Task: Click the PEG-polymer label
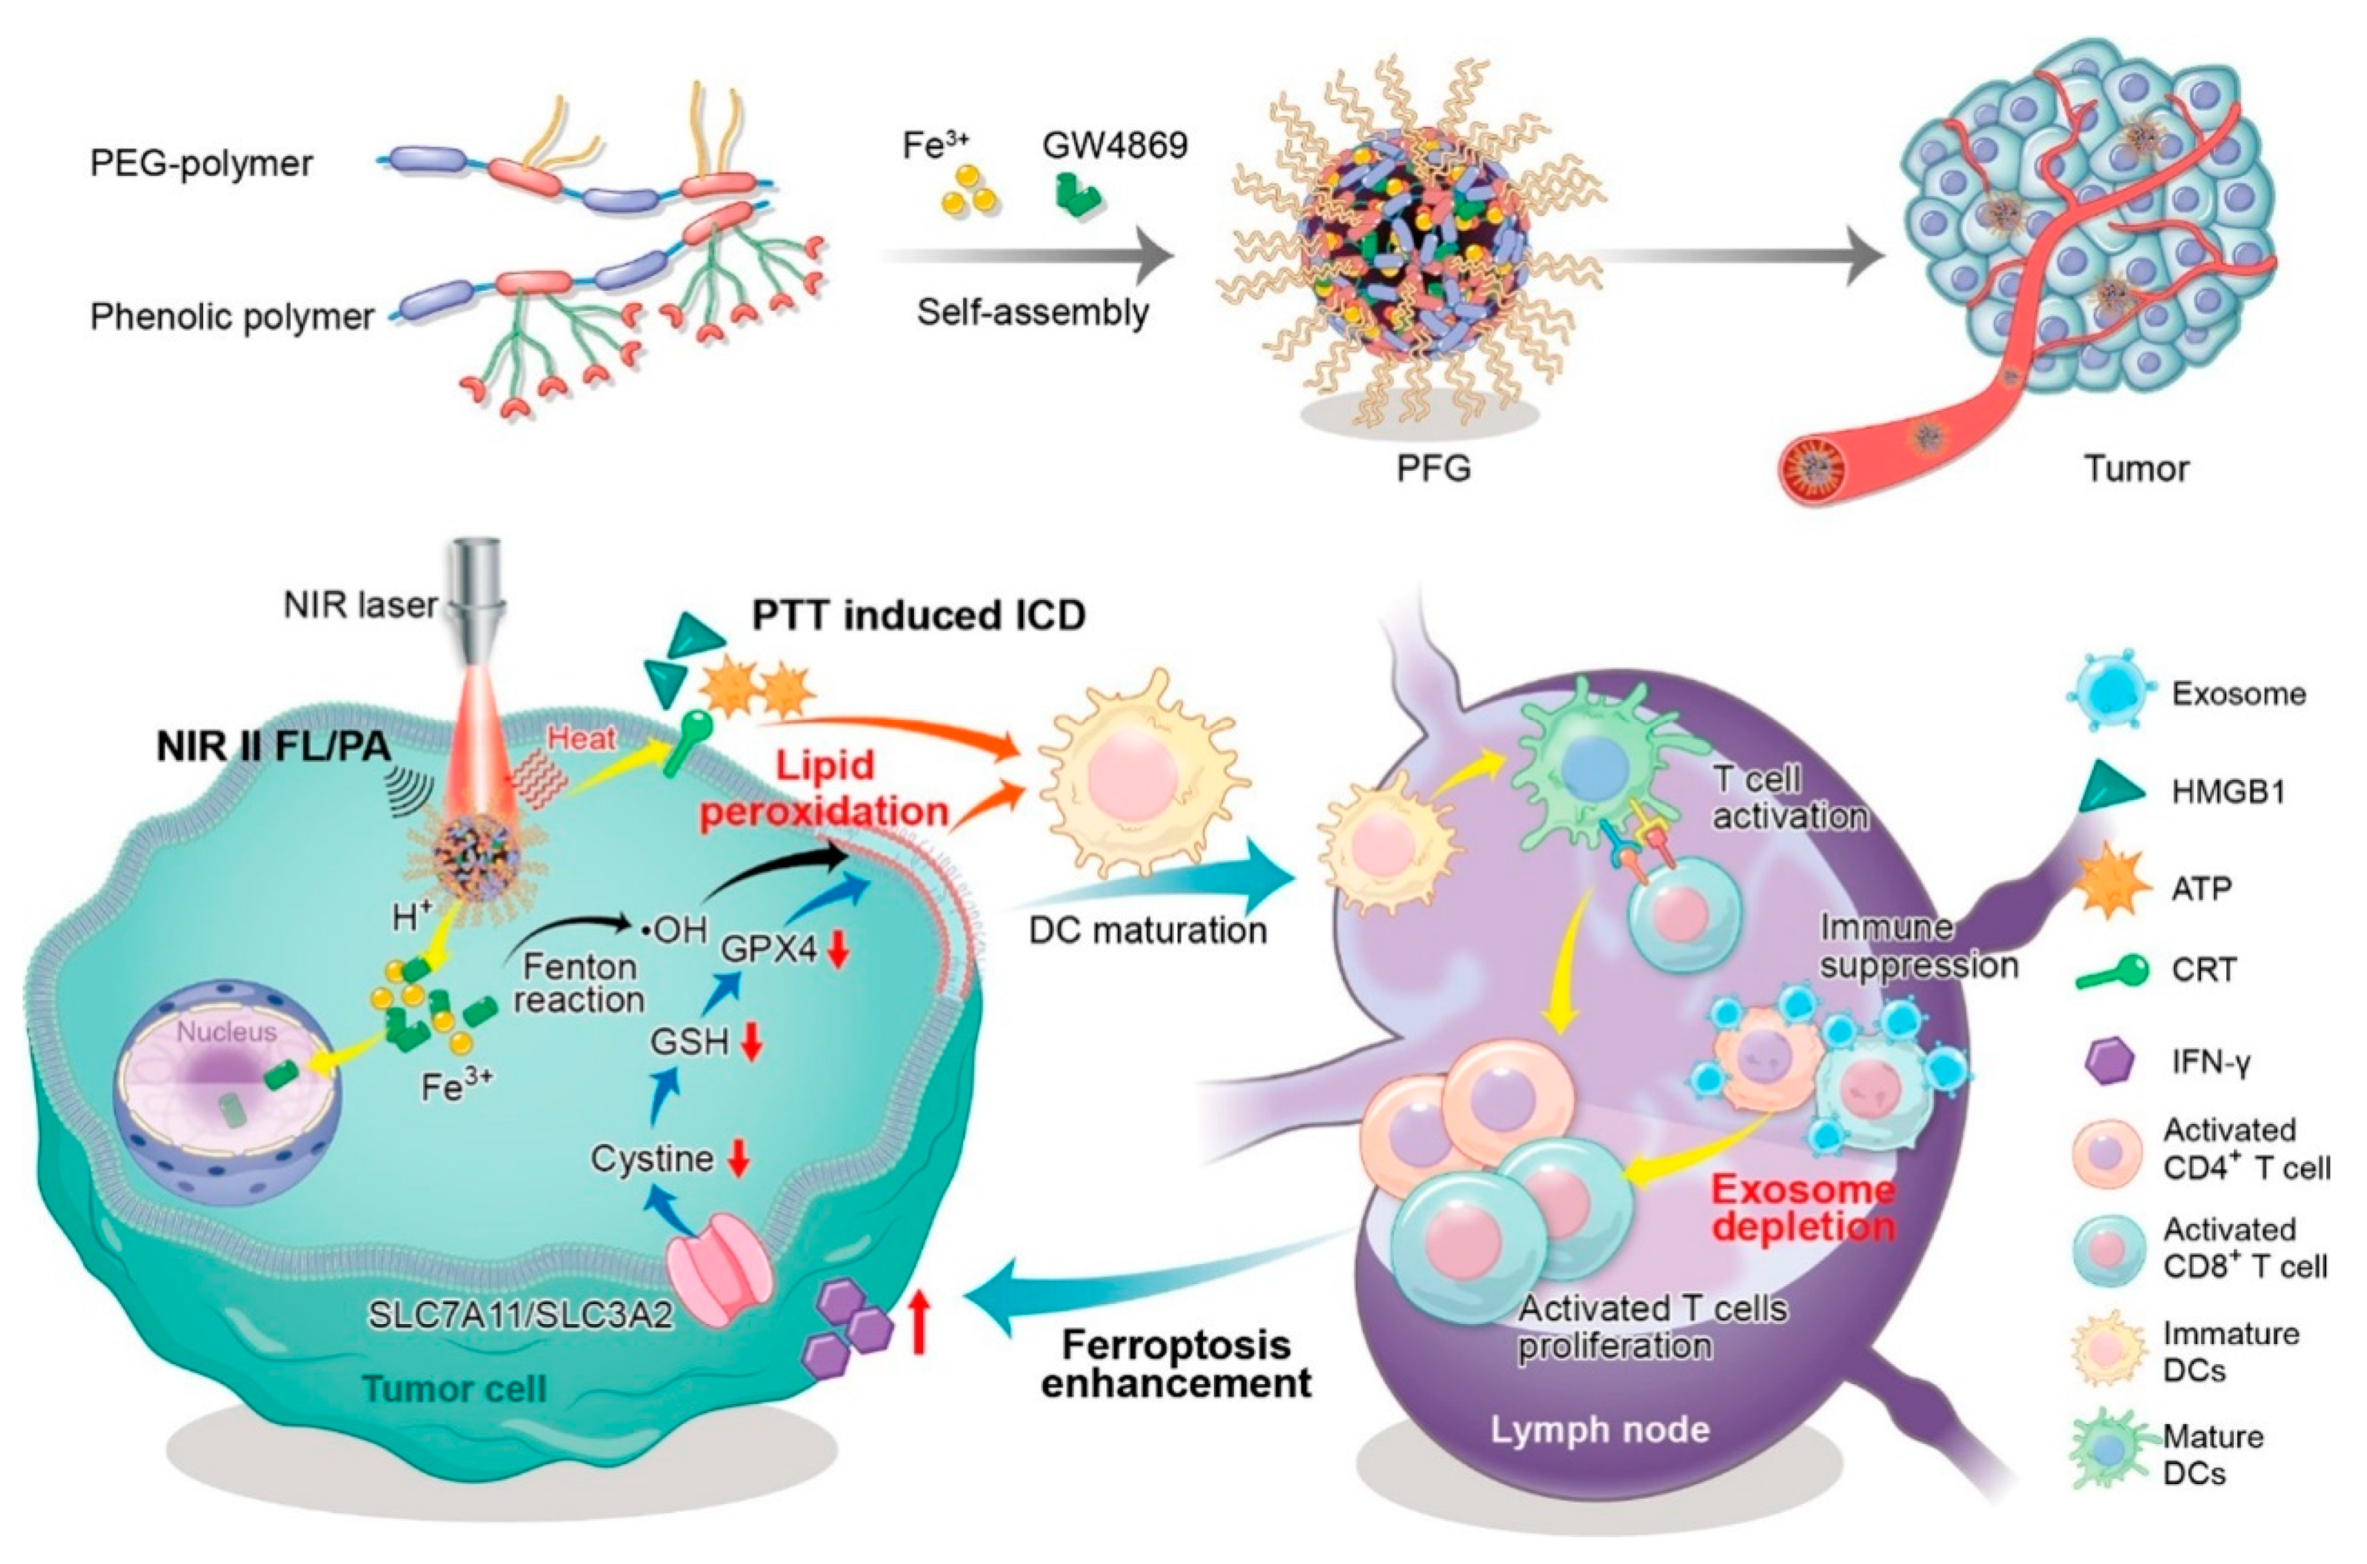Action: (x=202, y=162)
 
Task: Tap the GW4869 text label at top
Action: (x=1115, y=147)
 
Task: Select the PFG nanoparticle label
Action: (x=1433, y=467)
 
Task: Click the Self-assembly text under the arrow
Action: (x=1033, y=312)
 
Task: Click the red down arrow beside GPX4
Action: (x=837, y=951)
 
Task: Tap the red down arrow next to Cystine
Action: (x=739, y=1158)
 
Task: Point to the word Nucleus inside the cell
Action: (x=227, y=1032)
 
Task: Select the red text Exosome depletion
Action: (x=1804, y=1208)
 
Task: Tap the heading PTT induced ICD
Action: (x=918, y=616)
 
